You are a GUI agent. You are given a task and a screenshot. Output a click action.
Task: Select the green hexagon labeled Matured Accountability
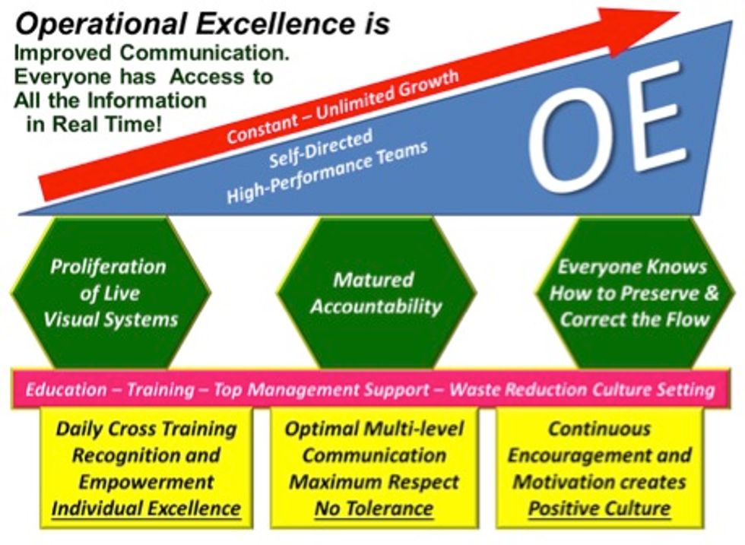coord(376,293)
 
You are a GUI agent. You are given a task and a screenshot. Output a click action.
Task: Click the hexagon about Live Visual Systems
coord(110,293)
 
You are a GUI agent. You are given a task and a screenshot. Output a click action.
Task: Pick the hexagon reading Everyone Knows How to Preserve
coord(633,293)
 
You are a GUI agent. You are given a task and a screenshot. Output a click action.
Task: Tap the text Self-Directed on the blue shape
coord(319,150)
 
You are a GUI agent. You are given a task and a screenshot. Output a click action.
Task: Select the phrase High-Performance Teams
coord(327,173)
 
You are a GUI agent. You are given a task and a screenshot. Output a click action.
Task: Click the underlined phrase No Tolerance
coord(374,508)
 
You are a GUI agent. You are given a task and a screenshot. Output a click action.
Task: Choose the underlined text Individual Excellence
coord(145,508)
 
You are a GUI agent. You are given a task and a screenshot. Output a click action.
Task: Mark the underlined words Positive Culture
coord(599,508)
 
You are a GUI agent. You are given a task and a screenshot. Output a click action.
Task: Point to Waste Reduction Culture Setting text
coord(582,391)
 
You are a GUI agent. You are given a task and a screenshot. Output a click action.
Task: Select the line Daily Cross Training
coord(146,429)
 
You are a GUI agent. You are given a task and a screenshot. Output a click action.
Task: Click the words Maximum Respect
coord(374,482)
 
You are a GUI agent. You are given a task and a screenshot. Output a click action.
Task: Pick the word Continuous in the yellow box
coord(599,429)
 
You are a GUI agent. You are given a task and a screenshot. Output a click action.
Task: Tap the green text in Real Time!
coord(94,124)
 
